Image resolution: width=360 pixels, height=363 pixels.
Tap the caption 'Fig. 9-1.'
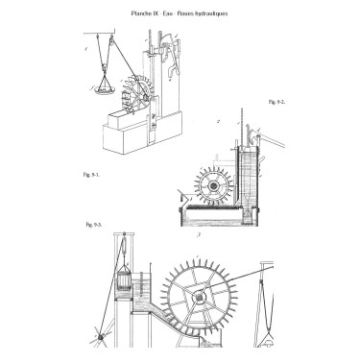click(x=93, y=173)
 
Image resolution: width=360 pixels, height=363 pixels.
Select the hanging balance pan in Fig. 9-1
click(x=100, y=88)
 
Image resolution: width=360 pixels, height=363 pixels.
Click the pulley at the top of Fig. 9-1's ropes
click(x=112, y=37)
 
